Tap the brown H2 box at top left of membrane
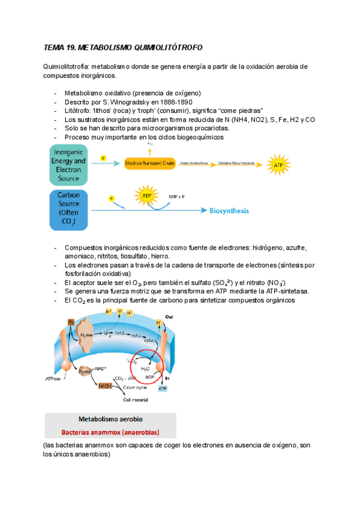(x=70, y=322)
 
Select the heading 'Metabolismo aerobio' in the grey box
(x=110, y=419)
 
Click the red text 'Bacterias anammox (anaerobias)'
(x=110, y=432)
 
